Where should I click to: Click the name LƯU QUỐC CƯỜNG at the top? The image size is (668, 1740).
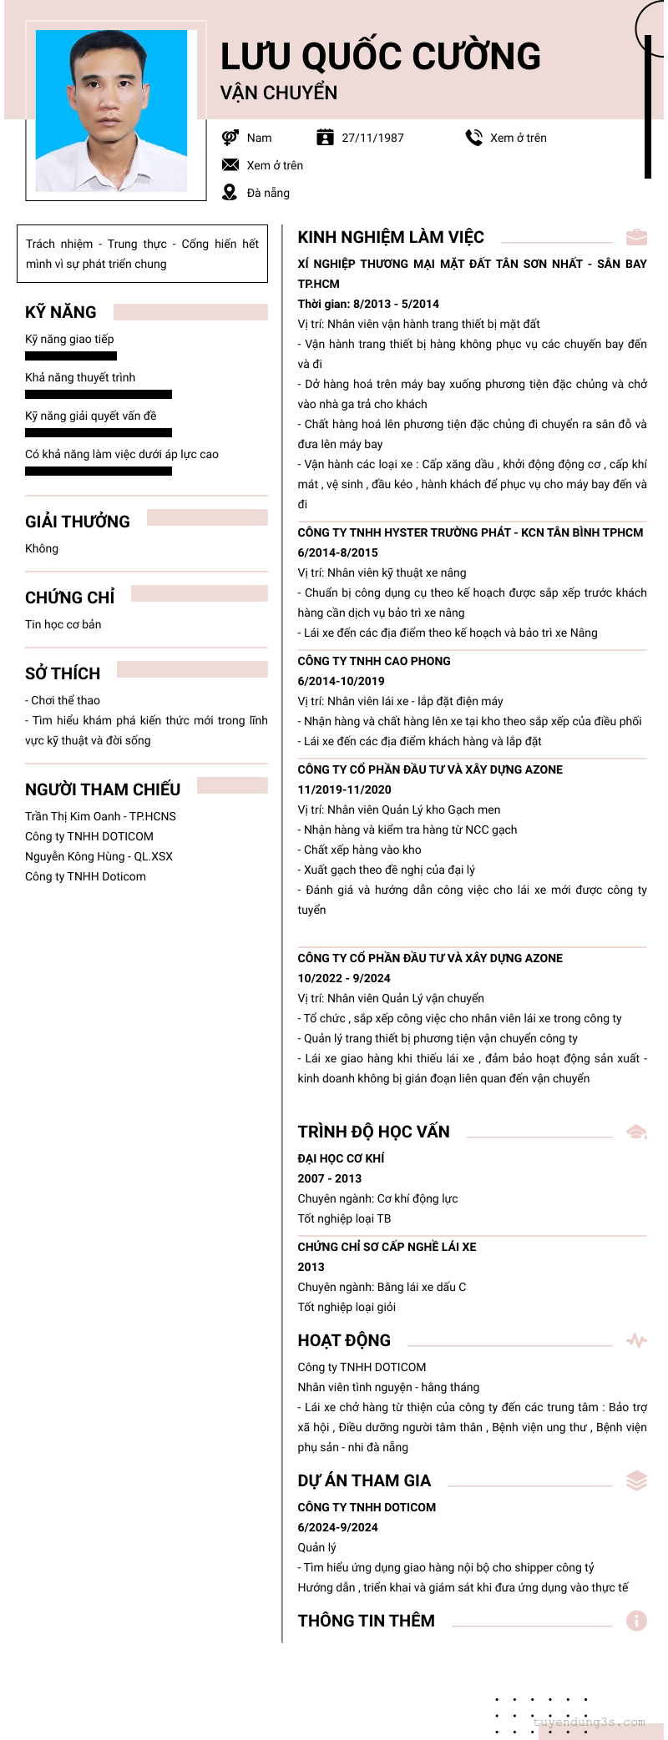click(380, 57)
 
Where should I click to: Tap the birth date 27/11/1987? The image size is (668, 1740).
click(372, 138)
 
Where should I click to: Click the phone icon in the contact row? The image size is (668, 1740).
click(473, 138)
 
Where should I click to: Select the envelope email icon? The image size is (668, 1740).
click(230, 165)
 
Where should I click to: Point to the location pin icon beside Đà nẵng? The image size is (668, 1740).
click(230, 193)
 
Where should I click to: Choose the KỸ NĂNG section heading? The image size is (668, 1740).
click(61, 312)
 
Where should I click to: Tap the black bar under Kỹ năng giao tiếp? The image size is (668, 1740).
click(71, 356)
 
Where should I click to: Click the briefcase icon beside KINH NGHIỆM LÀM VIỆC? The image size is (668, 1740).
click(636, 237)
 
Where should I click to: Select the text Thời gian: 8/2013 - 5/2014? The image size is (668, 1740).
click(368, 304)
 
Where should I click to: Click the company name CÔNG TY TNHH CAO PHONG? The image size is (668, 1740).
click(374, 661)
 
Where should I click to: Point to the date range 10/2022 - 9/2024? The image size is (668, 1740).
click(344, 978)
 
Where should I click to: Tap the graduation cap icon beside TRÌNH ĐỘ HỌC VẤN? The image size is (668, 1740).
click(636, 1132)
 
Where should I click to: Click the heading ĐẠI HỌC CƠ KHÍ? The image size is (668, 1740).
click(342, 1158)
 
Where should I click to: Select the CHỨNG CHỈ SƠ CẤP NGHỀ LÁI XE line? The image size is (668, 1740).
click(387, 1247)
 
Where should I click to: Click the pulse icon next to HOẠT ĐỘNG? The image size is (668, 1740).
click(636, 1340)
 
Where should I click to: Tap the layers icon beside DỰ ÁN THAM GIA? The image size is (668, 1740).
click(636, 1480)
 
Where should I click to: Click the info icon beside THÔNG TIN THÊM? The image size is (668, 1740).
click(636, 1621)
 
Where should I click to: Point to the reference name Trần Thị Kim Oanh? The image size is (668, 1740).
click(73, 816)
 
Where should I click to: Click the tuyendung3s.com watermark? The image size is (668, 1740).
click(590, 1722)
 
